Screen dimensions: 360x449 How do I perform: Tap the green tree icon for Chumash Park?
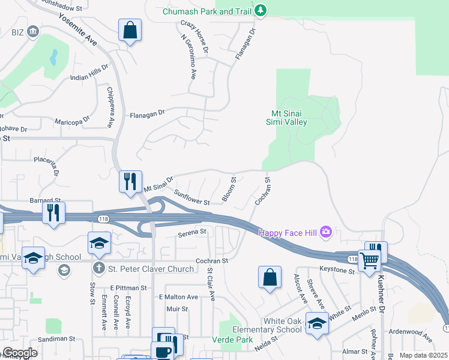260,10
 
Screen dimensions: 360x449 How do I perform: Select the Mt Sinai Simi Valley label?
286,118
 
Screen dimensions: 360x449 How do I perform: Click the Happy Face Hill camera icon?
326,231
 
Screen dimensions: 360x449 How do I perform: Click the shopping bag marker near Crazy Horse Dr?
130,31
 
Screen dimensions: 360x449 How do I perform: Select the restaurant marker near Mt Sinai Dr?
130,181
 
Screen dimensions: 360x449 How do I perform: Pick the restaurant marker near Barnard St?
53,212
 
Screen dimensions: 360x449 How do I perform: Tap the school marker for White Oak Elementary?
316,324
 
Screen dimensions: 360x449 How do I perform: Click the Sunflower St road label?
191,197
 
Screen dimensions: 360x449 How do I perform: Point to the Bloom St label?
229,188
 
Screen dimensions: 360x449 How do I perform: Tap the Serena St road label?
192,231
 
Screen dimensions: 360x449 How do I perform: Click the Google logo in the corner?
20,353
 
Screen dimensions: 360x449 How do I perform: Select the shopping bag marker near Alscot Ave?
270,277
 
